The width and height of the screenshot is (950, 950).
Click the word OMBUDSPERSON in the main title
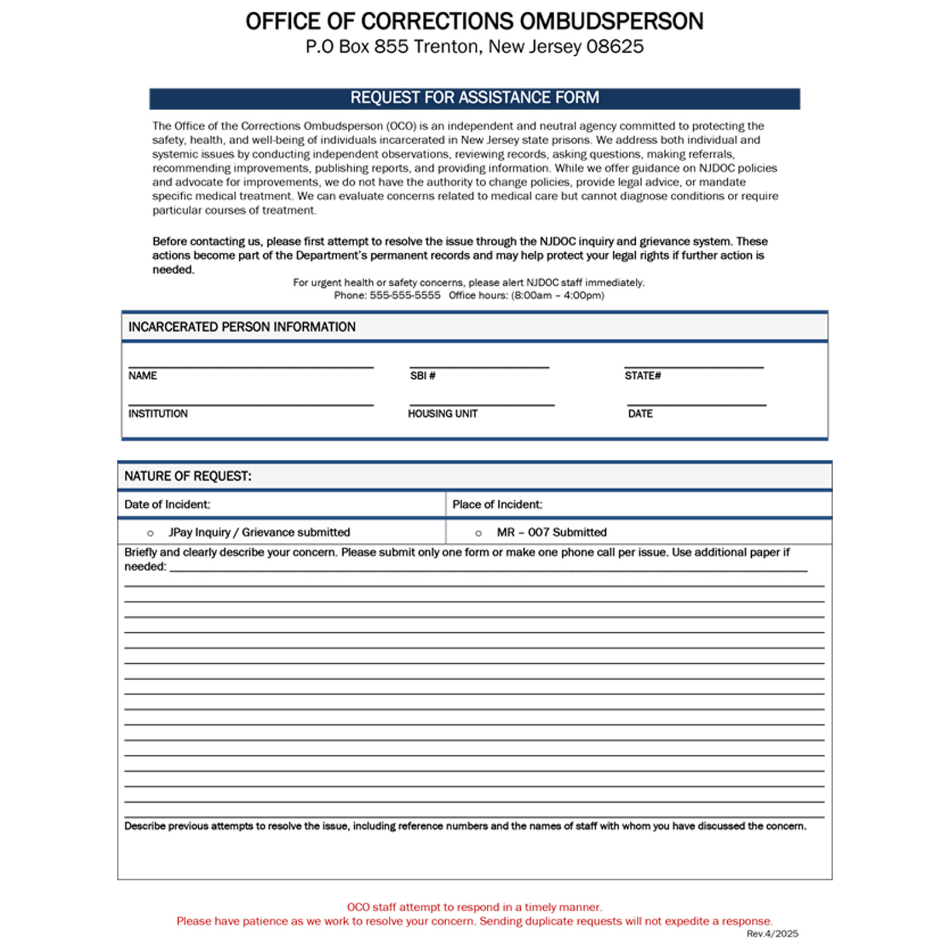tap(612, 22)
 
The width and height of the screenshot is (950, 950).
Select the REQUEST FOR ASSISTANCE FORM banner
tap(474, 98)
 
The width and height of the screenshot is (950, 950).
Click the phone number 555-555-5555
tap(405, 296)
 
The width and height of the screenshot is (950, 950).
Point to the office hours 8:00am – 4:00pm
tap(558, 296)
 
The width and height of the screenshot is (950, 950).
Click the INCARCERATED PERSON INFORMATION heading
tap(242, 327)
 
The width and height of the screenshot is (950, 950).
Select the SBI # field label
tap(422, 376)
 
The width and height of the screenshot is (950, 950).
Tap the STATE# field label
tap(642, 376)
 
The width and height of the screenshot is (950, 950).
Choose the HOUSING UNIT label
tap(443, 414)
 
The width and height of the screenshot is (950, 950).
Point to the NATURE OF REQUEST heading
tap(188, 476)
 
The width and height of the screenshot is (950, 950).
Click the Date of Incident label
tap(167, 505)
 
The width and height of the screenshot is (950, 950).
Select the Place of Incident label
tap(497, 505)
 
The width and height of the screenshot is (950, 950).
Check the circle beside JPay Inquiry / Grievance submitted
tap(151, 534)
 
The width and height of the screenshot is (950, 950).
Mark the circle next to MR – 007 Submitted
tap(479, 534)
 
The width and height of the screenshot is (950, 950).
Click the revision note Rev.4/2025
tap(772, 934)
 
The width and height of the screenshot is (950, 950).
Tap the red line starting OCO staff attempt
tap(474, 907)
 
